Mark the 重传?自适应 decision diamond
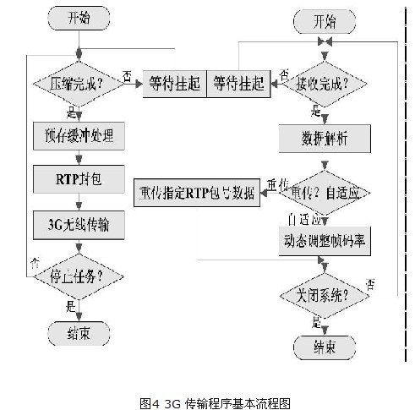(x=326, y=194)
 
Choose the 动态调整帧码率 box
(x=325, y=240)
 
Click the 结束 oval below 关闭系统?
(x=326, y=346)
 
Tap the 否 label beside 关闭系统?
(x=370, y=282)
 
